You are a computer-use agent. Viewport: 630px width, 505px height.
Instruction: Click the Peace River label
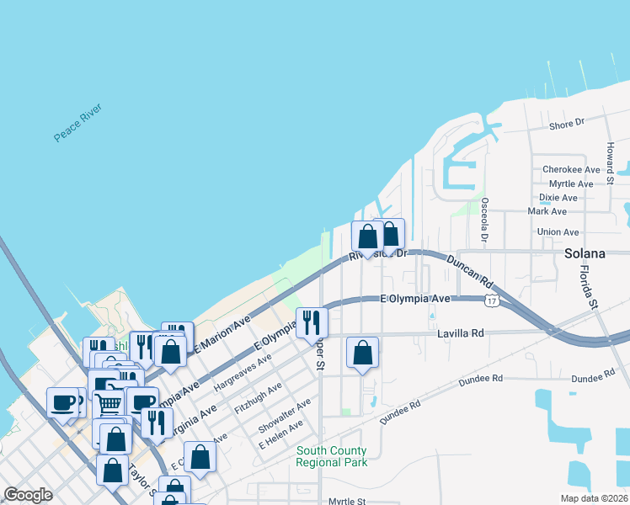(77, 123)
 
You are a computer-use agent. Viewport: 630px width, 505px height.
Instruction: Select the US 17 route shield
(491, 300)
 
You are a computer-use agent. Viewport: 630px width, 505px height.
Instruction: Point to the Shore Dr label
(566, 125)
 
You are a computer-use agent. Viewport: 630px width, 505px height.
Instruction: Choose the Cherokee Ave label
(571, 169)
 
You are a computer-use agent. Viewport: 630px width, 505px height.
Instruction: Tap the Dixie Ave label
(558, 198)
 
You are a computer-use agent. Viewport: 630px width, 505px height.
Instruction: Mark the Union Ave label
(558, 232)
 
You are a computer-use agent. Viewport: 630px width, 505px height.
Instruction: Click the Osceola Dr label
(484, 220)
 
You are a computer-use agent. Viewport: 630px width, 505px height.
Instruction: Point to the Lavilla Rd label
(460, 333)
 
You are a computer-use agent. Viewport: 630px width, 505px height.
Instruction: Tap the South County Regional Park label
(331, 456)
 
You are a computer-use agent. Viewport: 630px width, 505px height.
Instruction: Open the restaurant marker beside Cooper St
(312, 322)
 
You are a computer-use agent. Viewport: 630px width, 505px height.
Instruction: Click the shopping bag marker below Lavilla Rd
(362, 352)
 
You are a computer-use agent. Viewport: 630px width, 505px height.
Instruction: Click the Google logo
(28, 495)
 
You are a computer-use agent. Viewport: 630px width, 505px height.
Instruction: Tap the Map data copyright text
(593, 498)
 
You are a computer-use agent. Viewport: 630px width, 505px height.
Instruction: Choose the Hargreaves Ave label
(243, 370)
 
